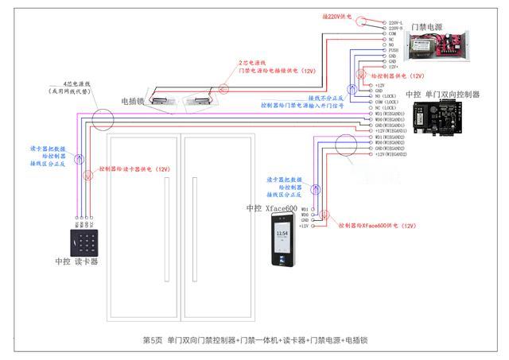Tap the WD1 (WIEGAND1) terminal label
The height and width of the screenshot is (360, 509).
pyautogui.click(x=390, y=114)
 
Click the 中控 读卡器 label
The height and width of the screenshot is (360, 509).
pyautogui.click(x=77, y=261)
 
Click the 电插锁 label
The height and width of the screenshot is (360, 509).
pyautogui.click(x=132, y=101)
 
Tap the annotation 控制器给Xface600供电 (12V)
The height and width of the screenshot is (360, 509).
pyautogui.click(x=377, y=226)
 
